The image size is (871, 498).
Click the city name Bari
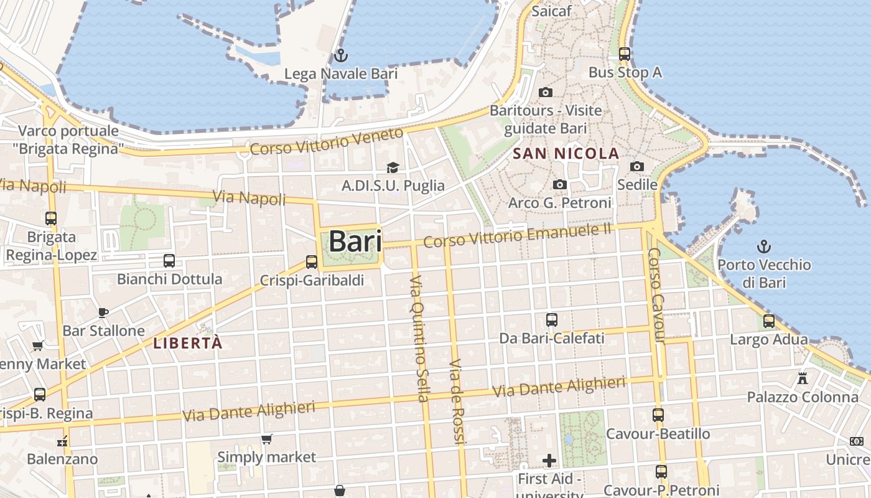click(355, 241)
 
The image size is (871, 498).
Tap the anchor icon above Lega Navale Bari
click(340, 55)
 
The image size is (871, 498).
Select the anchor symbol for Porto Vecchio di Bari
click(763, 247)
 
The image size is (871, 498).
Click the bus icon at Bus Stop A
click(625, 54)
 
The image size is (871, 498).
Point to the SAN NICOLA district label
click(566, 153)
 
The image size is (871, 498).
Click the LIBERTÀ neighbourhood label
click(187, 343)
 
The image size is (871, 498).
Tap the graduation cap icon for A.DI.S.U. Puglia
click(393, 167)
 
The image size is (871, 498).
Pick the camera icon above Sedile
click(637, 166)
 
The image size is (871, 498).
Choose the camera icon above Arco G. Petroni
click(560, 184)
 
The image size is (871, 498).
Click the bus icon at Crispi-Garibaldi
click(312, 262)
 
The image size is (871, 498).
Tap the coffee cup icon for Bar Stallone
click(103, 312)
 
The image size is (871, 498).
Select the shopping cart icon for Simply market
click(267, 439)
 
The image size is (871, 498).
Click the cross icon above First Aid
click(549, 461)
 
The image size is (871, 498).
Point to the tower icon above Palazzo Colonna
click(803, 378)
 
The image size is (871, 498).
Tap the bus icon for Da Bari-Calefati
click(552, 320)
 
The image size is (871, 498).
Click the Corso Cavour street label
click(656, 295)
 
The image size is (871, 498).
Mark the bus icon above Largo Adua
click(769, 321)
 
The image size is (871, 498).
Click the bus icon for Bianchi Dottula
click(169, 261)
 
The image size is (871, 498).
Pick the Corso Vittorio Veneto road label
click(326, 142)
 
